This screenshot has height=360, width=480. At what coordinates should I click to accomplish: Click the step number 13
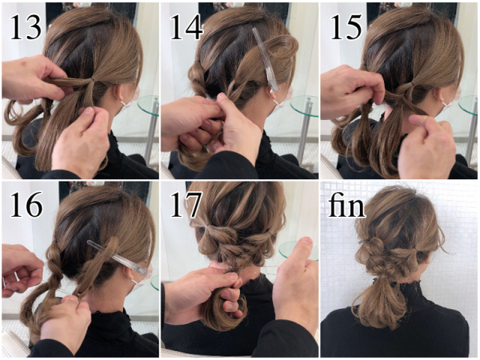pyautogui.click(x=26, y=28)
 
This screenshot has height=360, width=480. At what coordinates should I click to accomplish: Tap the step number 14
pyautogui.click(x=186, y=28)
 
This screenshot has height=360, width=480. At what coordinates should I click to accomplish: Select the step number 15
pyautogui.click(x=346, y=28)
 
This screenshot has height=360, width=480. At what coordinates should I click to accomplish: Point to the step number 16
pyautogui.click(x=26, y=204)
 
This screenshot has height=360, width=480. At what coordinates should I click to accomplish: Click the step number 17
pyautogui.click(x=186, y=204)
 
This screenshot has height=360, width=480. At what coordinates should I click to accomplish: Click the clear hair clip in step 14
pyautogui.click(x=266, y=60)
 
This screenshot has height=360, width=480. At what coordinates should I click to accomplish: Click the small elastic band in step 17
pyautogui.click(x=208, y=226)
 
